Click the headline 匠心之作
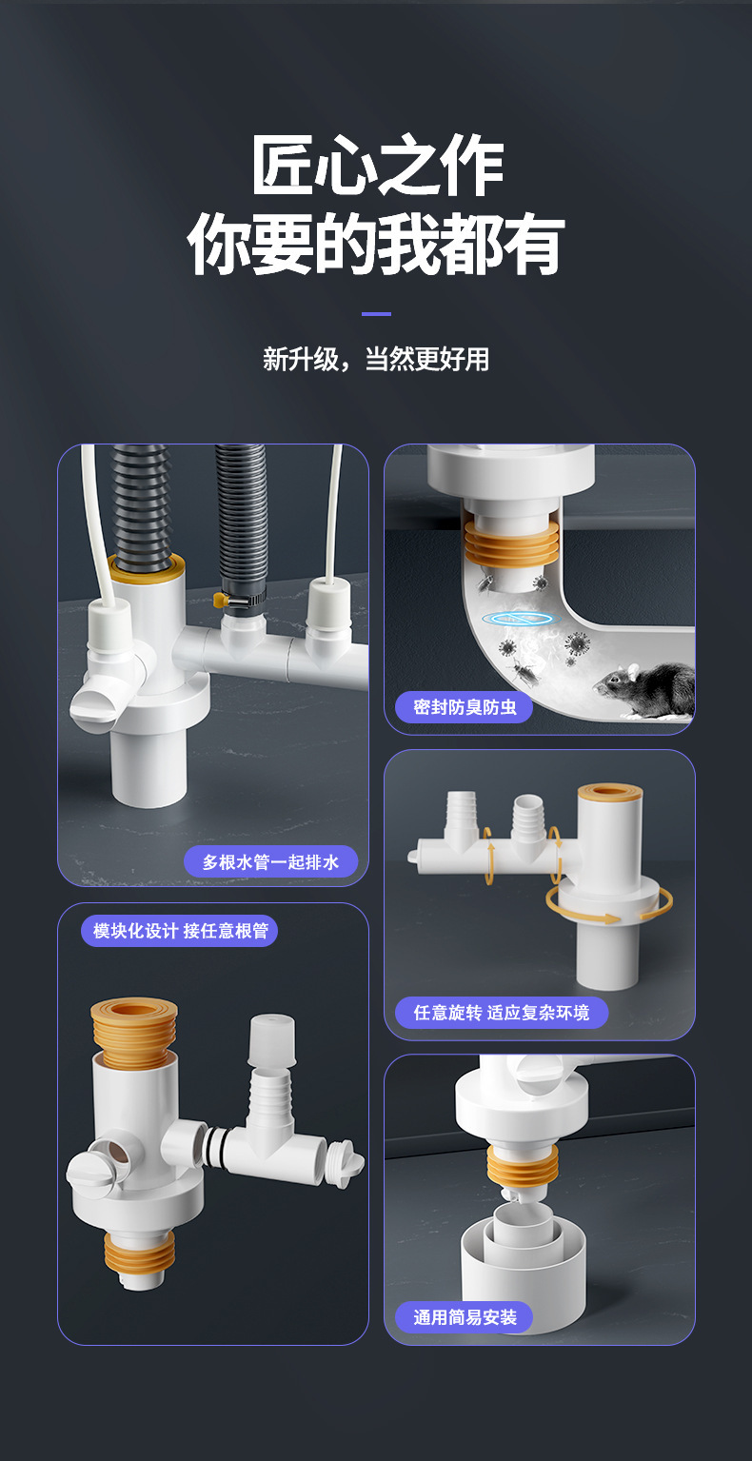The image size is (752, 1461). pyautogui.click(x=378, y=165)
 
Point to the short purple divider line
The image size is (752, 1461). pyautogui.click(x=376, y=314)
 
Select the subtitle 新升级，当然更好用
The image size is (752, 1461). pyautogui.click(x=376, y=359)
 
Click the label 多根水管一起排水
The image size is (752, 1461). pyautogui.click(x=270, y=861)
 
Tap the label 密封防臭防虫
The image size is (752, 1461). pyautogui.click(x=465, y=707)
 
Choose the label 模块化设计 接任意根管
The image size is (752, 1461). pyautogui.click(x=180, y=931)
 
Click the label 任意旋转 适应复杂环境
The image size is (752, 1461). pyautogui.click(x=502, y=1013)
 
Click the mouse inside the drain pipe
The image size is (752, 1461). pyautogui.click(x=645, y=691)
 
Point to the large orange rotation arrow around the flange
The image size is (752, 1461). pyautogui.click(x=609, y=905)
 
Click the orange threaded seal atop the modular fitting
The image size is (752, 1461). pyautogui.click(x=133, y=1033)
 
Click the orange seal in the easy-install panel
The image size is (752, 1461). pyautogui.click(x=524, y=1166)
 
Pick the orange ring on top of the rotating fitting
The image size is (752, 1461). pyautogui.click(x=610, y=793)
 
